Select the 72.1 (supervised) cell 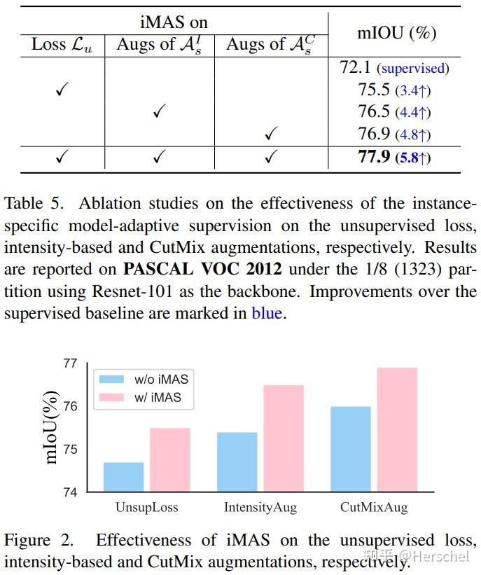click(394, 68)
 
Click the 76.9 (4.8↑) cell click(394, 134)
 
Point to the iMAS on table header click(174, 22)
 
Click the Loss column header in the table click(61, 45)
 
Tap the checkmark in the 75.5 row click(61, 90)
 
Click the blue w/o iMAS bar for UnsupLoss click(123, 477)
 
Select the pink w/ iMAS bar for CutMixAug click(397, 429)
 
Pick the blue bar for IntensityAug click(237, 462)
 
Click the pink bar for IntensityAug click(283, 438)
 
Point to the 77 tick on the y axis click(70, 363)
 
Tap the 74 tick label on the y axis click(70, 492)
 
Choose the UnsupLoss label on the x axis click(146, 507)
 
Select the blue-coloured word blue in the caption click(266, 313)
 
